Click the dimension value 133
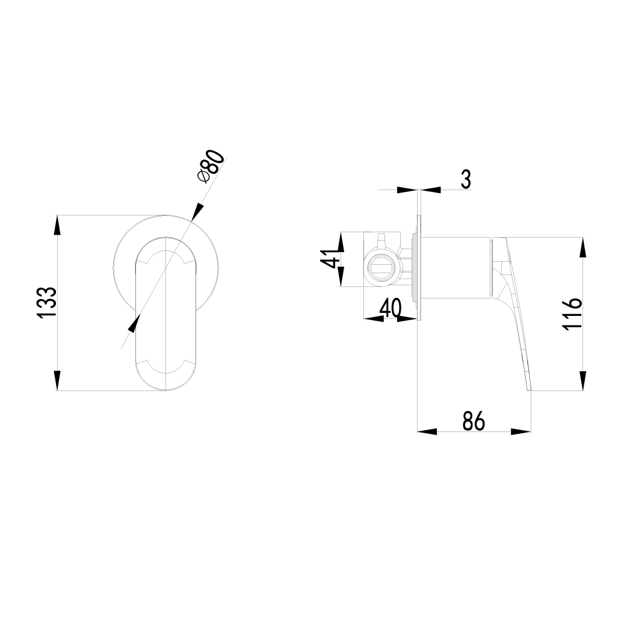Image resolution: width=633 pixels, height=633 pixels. [48, 302]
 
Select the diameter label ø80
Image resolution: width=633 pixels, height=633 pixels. [211, 165]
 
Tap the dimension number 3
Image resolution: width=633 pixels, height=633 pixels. [465, 179]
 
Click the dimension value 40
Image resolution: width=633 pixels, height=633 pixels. [391, 309]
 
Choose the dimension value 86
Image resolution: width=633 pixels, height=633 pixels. [474, 421]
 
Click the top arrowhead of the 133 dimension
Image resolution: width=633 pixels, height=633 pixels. [57, 225]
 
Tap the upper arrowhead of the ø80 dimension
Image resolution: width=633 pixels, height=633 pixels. [197, 212]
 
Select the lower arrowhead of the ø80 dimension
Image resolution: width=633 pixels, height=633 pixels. [134, 323]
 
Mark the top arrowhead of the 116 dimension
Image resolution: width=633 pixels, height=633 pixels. [582, 248]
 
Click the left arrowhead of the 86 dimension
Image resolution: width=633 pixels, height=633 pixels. [427, 431]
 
